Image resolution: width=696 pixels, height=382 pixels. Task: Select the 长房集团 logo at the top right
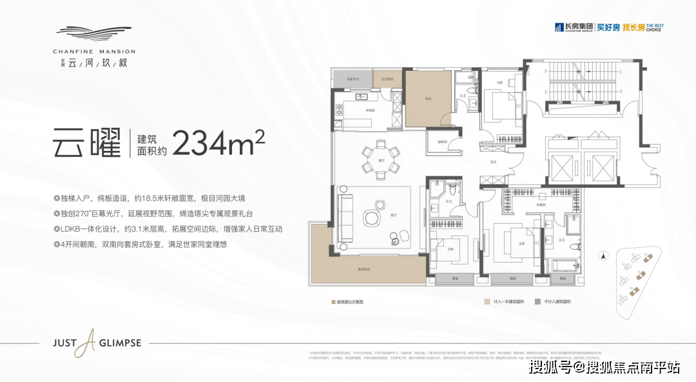[x=570, y=27]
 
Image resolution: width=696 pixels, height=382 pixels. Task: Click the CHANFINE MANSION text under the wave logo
[x=95, y=51]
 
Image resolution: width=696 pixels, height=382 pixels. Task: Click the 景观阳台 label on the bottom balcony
[x=365, y=268]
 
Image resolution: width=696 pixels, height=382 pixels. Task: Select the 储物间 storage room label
[x=443, y=141]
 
